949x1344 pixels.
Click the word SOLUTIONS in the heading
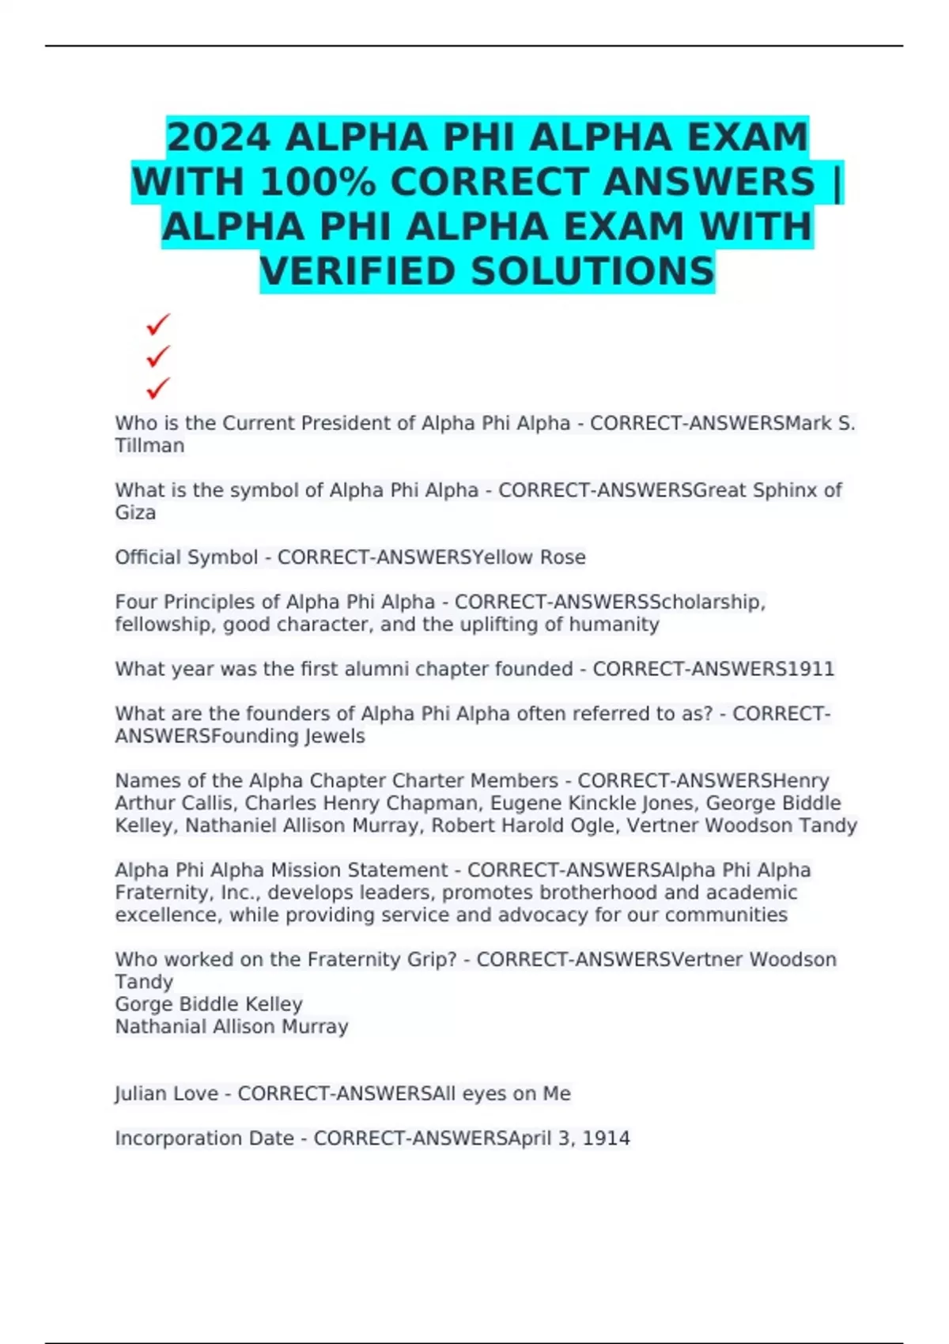tap(593, 272)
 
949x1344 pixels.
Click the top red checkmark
tap(158, 324)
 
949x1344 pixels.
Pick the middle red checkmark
tap(158, 357)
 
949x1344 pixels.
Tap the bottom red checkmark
tap(158, 388)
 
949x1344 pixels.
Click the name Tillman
tap(149, 446)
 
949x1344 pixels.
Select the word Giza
tap(135, 513)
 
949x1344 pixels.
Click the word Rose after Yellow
tap(562, 557)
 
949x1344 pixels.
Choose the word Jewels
tap(335, 736)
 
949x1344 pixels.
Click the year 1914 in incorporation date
tap(607, 1138)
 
